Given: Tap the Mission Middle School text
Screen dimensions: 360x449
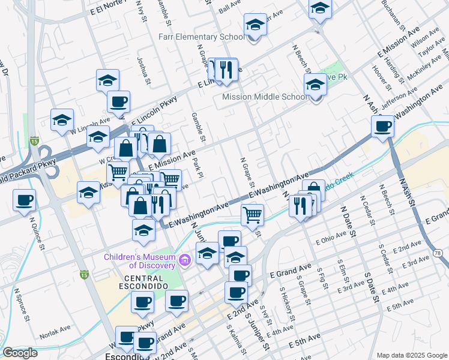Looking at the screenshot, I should [x=264, y=97].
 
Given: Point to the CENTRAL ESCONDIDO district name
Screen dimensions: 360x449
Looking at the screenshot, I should [x=143, y=280].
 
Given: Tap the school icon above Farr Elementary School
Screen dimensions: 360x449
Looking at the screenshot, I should [x=255, y=26].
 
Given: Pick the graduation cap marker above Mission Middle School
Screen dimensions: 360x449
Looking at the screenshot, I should [x=315, y=86].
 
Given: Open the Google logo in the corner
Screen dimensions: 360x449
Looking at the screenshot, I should [x=20, y=353].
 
